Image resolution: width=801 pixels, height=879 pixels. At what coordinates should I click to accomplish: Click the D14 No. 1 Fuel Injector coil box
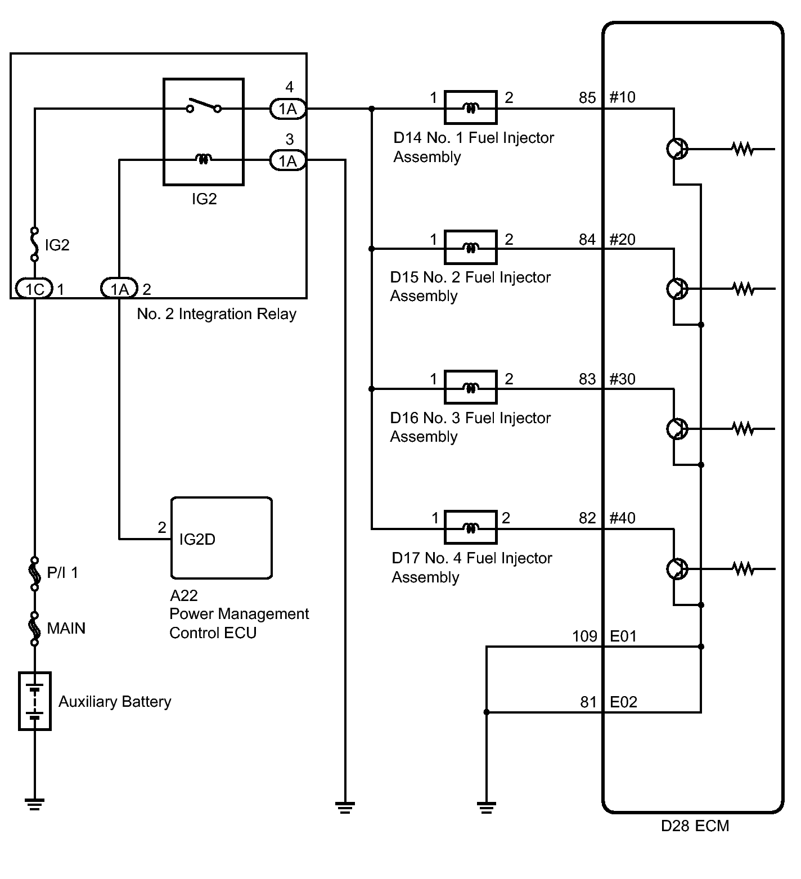(x=470, y=107)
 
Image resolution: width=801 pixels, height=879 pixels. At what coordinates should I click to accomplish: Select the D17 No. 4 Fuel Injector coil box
(x=470, y=527)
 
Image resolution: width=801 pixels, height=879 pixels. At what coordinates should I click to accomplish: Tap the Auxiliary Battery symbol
(x=35, y=701)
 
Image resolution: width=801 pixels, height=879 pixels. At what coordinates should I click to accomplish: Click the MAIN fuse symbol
(x=35, y=628)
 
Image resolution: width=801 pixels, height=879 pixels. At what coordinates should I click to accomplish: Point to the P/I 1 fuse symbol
(x=35, y=573)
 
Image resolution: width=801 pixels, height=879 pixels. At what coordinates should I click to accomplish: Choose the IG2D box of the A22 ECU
(x=222, y=537)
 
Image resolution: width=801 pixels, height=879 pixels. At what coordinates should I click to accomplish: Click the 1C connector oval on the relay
(x=34, y=289)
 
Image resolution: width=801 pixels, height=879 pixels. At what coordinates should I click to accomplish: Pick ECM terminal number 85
(x=587, y=98)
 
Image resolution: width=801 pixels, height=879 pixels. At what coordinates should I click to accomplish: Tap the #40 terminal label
(x=623, y=518)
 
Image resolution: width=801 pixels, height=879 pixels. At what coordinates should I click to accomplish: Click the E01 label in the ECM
(x=623, y=636)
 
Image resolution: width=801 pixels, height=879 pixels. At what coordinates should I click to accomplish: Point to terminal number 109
(x=584, y=636)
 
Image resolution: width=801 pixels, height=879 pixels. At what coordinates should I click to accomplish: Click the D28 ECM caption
(x=695, y=826)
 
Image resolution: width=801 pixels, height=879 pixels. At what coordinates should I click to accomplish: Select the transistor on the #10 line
(x=677, y=149)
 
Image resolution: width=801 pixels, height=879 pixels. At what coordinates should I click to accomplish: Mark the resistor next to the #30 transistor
(x=743, y=429)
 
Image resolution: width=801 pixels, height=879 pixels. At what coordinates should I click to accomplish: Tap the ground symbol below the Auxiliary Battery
(x=35, y=804)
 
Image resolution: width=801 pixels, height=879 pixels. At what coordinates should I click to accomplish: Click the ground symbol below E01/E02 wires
(x=487, y=808)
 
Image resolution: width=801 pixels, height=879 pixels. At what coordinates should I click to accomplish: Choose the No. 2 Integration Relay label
(x=217, y=314)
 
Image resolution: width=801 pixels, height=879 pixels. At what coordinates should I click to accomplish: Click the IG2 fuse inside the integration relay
(x=35, y=244)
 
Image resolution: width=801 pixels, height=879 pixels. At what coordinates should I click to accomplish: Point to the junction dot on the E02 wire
(x=487, y=712)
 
